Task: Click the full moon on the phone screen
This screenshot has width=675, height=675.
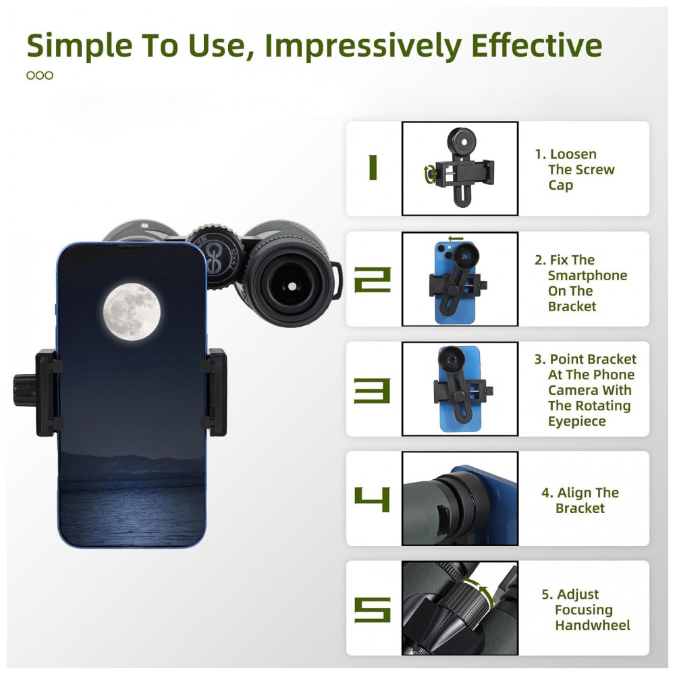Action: coord(132,312)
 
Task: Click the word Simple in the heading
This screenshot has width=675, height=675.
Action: coord(79,46)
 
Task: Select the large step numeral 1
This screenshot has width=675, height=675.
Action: coord(373,168)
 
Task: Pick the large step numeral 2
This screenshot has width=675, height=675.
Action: coord(373,279)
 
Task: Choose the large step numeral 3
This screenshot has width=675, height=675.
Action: coord(373,390)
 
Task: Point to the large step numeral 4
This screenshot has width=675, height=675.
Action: coord(373,500)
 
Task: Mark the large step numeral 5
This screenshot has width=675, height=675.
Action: coord(373,610)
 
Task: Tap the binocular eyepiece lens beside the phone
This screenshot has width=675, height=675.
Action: coord(291,286)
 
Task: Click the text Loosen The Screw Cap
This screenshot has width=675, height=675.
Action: coord(574,169)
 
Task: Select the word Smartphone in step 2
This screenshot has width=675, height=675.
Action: coord(588,275)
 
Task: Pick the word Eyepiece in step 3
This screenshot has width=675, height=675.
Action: coord(577,421)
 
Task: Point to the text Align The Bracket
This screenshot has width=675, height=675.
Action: coord(580,500)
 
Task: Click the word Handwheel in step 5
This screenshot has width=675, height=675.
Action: coord(593,625)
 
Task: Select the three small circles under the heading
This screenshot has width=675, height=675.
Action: coord(40,76)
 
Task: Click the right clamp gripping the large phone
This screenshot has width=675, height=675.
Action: coord(215,391)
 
